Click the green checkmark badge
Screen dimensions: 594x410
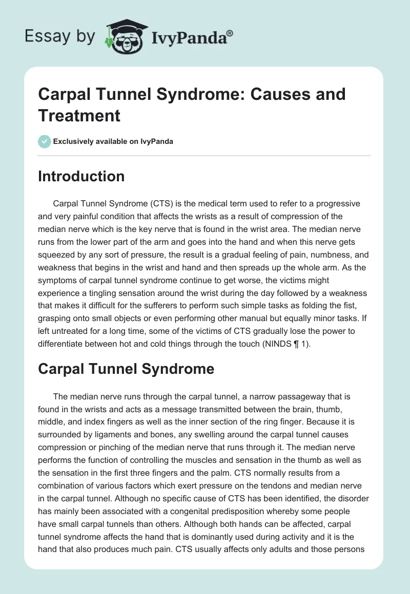click(44, 141)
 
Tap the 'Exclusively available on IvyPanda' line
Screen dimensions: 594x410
click(113, 141)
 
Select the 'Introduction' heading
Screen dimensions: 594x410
click(81, 176)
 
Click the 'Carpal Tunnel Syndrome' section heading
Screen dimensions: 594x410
click(126, 369)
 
